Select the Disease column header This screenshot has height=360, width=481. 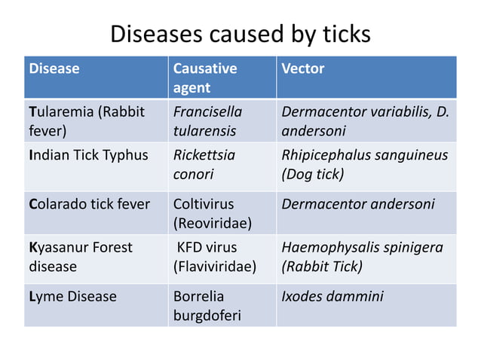click(x=54, y=69)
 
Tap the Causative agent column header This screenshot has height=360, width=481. click(x=205, y=78)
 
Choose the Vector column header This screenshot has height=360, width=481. click(x=302, y=69)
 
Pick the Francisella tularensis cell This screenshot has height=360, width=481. click(x=208, y=121)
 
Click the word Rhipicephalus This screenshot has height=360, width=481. click(x=325, y=156)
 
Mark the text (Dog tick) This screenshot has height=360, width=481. click(x=312, y=174)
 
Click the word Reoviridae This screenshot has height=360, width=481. click(x=213, y=223)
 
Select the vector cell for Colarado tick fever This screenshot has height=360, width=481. click(x=357, y=204)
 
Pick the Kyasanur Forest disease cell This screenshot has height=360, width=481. click(x=80, y=257)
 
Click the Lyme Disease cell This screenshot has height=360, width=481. click(x=72, y=297)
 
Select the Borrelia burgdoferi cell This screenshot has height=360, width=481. click(x=207, y=306)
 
